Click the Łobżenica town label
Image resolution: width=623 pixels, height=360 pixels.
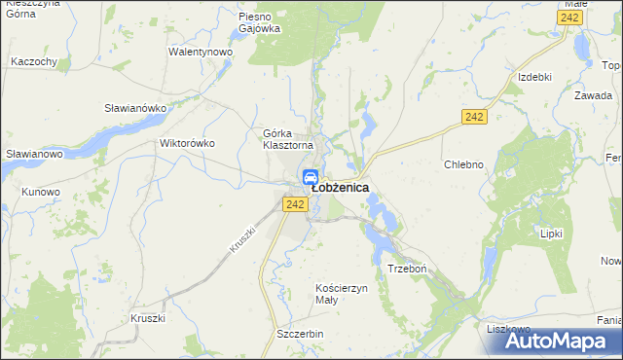(x=340, y=189)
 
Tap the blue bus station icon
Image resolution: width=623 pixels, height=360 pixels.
(x=310, y=177)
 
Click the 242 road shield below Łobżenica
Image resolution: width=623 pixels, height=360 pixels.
(x=296, y=203)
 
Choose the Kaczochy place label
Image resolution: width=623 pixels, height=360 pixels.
(x=34, y=61)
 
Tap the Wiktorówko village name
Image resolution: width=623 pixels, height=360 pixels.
(x=186, y=143)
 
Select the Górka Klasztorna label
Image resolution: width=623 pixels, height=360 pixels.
(x=287, y=139)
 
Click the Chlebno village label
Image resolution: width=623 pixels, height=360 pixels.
(x=463, y=164)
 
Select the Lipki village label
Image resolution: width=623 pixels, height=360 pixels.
(x=552, y=234)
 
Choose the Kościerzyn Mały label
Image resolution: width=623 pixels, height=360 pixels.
(x=341, y=294)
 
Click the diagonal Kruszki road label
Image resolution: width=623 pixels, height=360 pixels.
(x=242, y=239)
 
